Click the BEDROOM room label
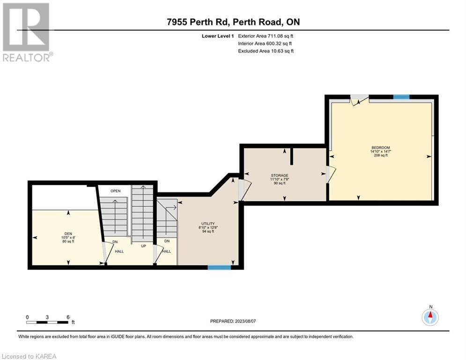(x=381, y=148)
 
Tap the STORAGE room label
(x=279, y=175)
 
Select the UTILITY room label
(x=208, y=224)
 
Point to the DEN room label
(x=68, y=234)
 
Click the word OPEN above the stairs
(x=116, y=191)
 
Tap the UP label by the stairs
(x=143, y=246)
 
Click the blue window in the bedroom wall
(x=401, y=97)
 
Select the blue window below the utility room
(x=219, y=268)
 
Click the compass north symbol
(x=430, y=317)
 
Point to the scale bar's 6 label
(x=68, y=317)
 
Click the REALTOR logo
(x=26, y=32)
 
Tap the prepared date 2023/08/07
(x=245, y=321)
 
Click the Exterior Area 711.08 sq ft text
(x=266, y=36)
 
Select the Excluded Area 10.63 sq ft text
(x=266, y=51)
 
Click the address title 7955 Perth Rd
(x=198, y=22)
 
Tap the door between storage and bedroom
(x=331, y=174)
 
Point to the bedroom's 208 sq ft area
(x=381, y=155)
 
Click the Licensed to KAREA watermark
(x=29, y=356)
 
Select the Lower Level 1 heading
(x=218, y=36)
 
